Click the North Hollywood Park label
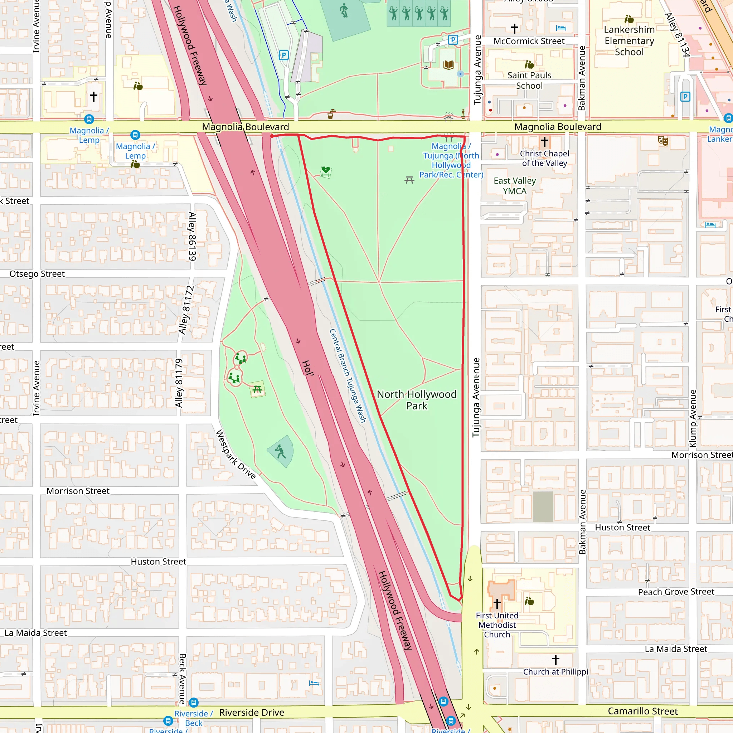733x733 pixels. pyautogui.click(x=417, y=400)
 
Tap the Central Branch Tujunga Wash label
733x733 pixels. pyautogui.click(x=348, y=375)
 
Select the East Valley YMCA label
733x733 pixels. pyautogui.click(x=514, y=186)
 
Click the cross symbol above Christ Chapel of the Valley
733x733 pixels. pyautogui.click(x=544, y=141)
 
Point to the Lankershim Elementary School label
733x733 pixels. pyautogui.click(x=629, y=40)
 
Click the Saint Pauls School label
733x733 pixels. pyautogui.click(x=529, y=81)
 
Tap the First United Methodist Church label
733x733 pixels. pyautogui.click(x=497, y=625)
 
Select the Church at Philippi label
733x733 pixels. pyautogui.click(x=555, y=671)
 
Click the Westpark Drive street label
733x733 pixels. pyautogui.click(x=236, y=454)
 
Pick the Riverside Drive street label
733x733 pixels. pyautogui.click(x=252, y=713)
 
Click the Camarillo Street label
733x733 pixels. pyautogui.click(x=643, y=711)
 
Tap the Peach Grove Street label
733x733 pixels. pyautogui.click(x=676, y=592)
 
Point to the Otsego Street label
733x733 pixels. pyautogui.click(x=37, y=273)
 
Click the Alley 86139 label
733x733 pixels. pyautogui.click(x=192, y=236)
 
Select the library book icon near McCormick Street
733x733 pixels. pyautogui.click(x=449, y=64)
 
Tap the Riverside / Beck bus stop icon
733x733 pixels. pyautogui.click(x=194, y=702)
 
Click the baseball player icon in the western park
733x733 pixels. pyautogui.click(x=280, y=451)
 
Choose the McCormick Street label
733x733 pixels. pyautogui.click(x=529, y=41)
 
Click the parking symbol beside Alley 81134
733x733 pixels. pyautogui.click(x=685, y=97)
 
